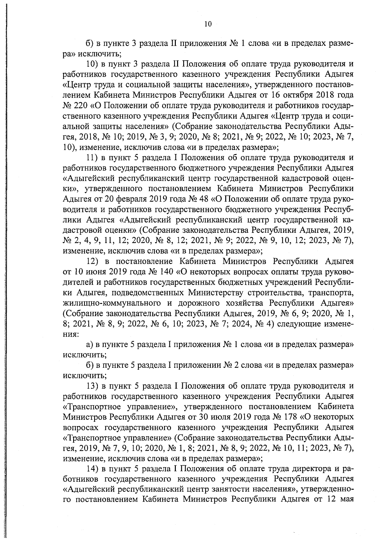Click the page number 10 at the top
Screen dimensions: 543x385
pyautogui.click(x=208, y=24)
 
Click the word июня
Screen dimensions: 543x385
pyautogui.click(x=96, y=272)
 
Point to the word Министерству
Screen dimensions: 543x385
pyautogui.click(x=214, y=293)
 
